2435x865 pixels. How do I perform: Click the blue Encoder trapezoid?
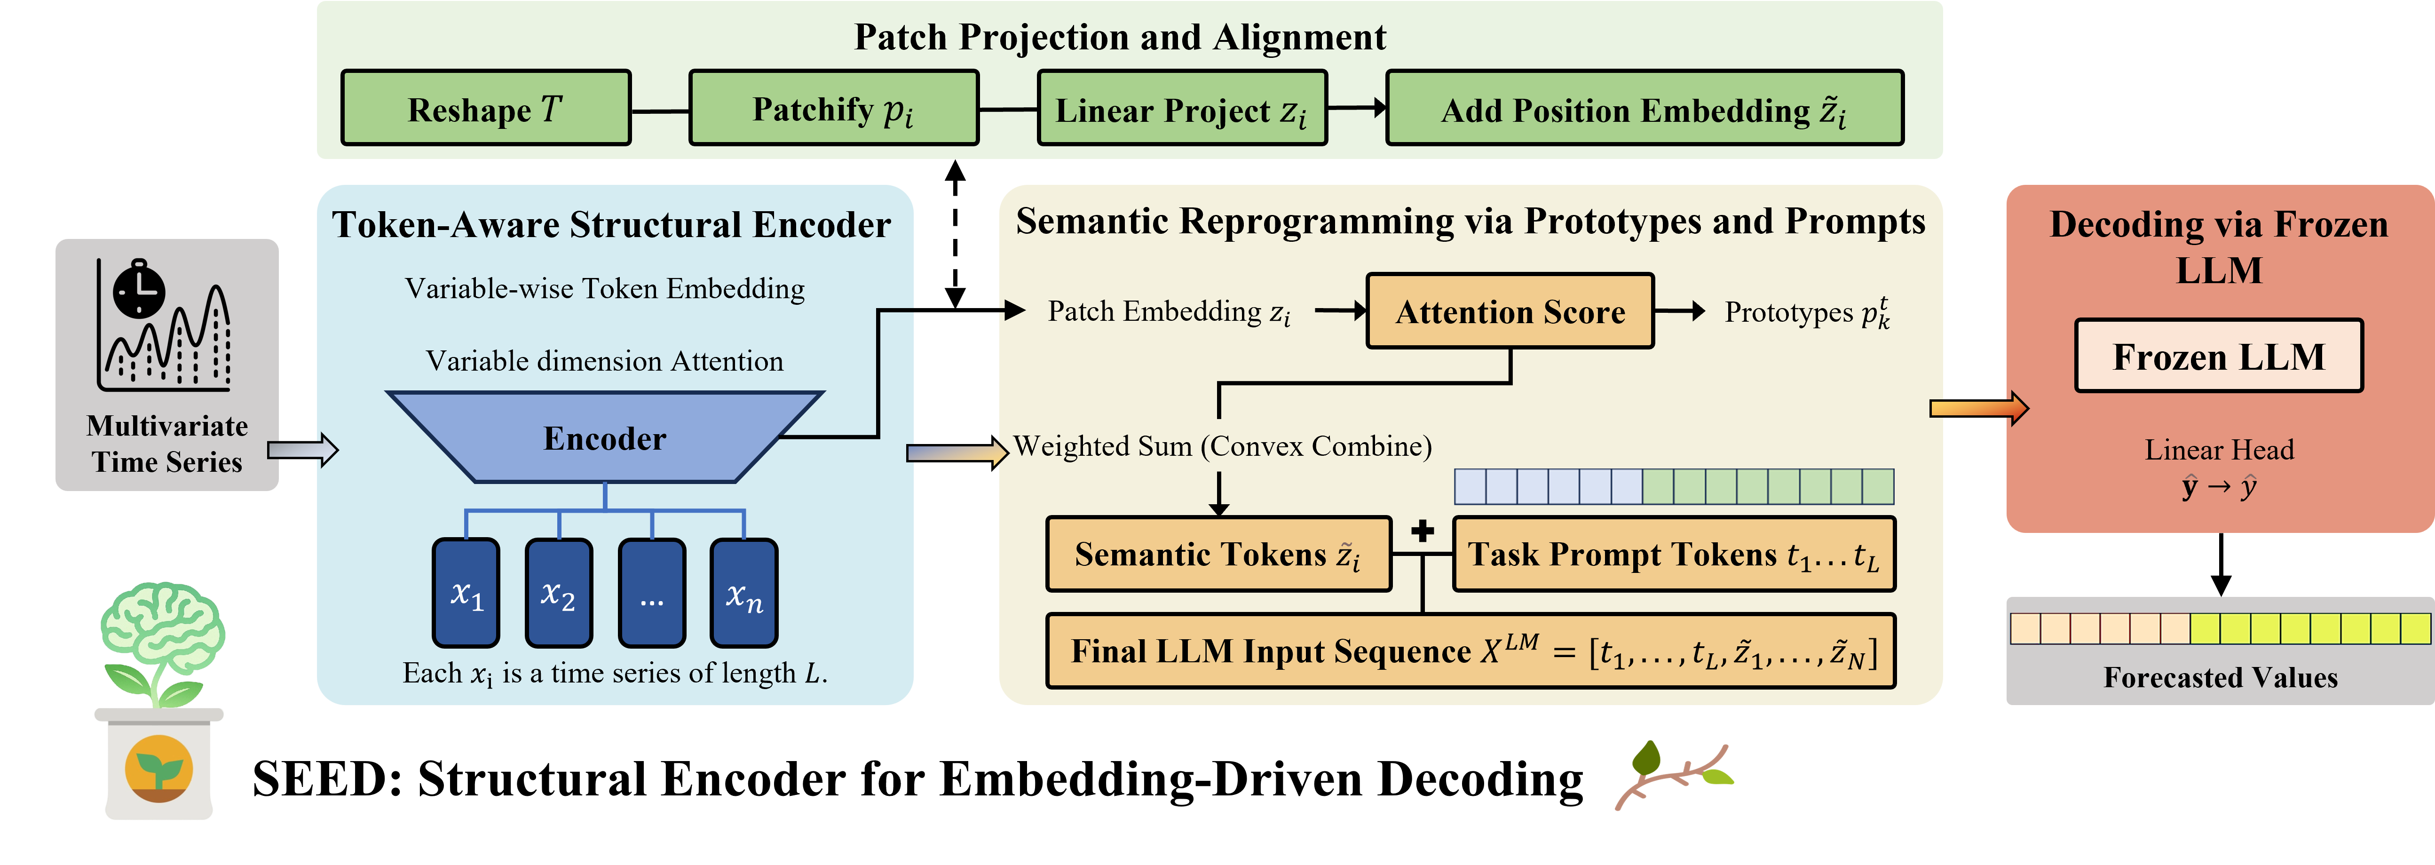click(605, 438)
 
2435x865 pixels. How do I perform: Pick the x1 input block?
click(466, 593)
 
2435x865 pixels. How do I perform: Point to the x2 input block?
click(559, 593)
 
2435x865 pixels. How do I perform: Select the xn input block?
click(744, 593)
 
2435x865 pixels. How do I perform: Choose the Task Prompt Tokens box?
click(1673, 554)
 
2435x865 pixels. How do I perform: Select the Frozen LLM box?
click(2219, 357)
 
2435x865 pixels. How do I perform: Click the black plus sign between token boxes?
click(1423, 532)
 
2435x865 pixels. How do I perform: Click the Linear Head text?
click(2219, 450)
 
